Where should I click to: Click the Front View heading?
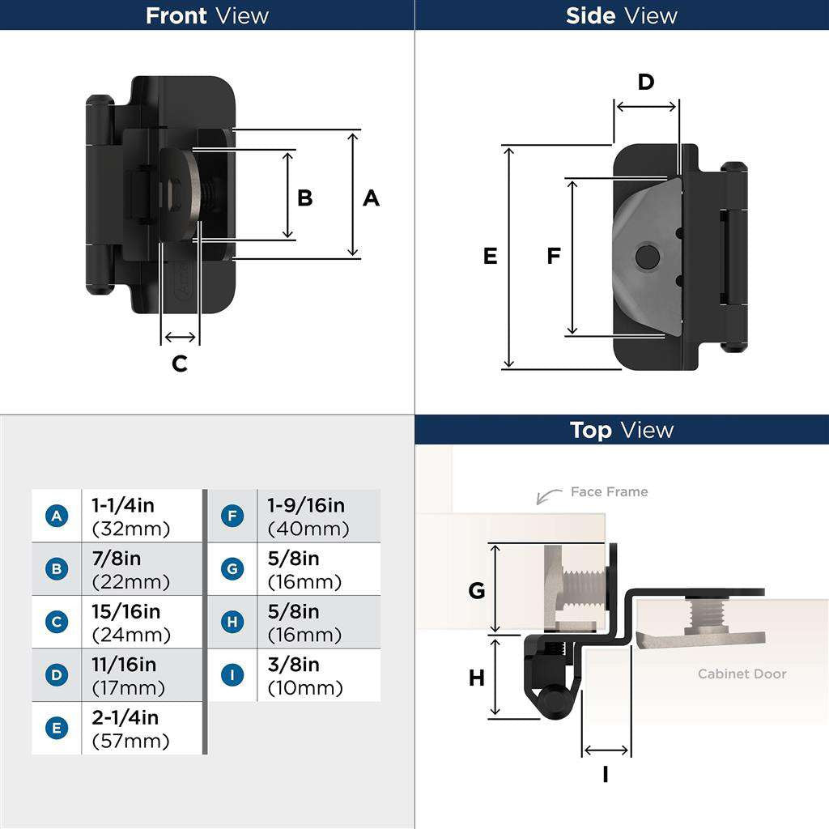coord(206,15)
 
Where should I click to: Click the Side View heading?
coord(621,15)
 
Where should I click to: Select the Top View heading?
coord(621,430)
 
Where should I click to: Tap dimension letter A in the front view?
coord(371,198)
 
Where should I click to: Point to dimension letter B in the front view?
coord(305,198)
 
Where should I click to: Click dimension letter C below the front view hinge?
coord(180,363)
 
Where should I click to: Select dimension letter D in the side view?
coord(645,82)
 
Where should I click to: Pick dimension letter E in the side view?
coord(490,256)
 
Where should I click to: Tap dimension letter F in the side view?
coord(554,256)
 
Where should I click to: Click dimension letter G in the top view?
coord(477,591)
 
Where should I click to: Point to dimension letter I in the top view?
coord(606,775)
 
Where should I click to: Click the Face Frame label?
coord(609,491)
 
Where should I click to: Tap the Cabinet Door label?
coord(742,674)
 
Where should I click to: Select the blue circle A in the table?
coord(56,516)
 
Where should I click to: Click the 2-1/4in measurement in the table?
coord(125,717)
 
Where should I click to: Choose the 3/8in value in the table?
coord(293,665)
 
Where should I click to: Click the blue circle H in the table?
coord(232,622)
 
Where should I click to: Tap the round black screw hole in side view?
coord(647,257)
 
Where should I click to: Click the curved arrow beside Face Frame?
coord(550,494)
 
